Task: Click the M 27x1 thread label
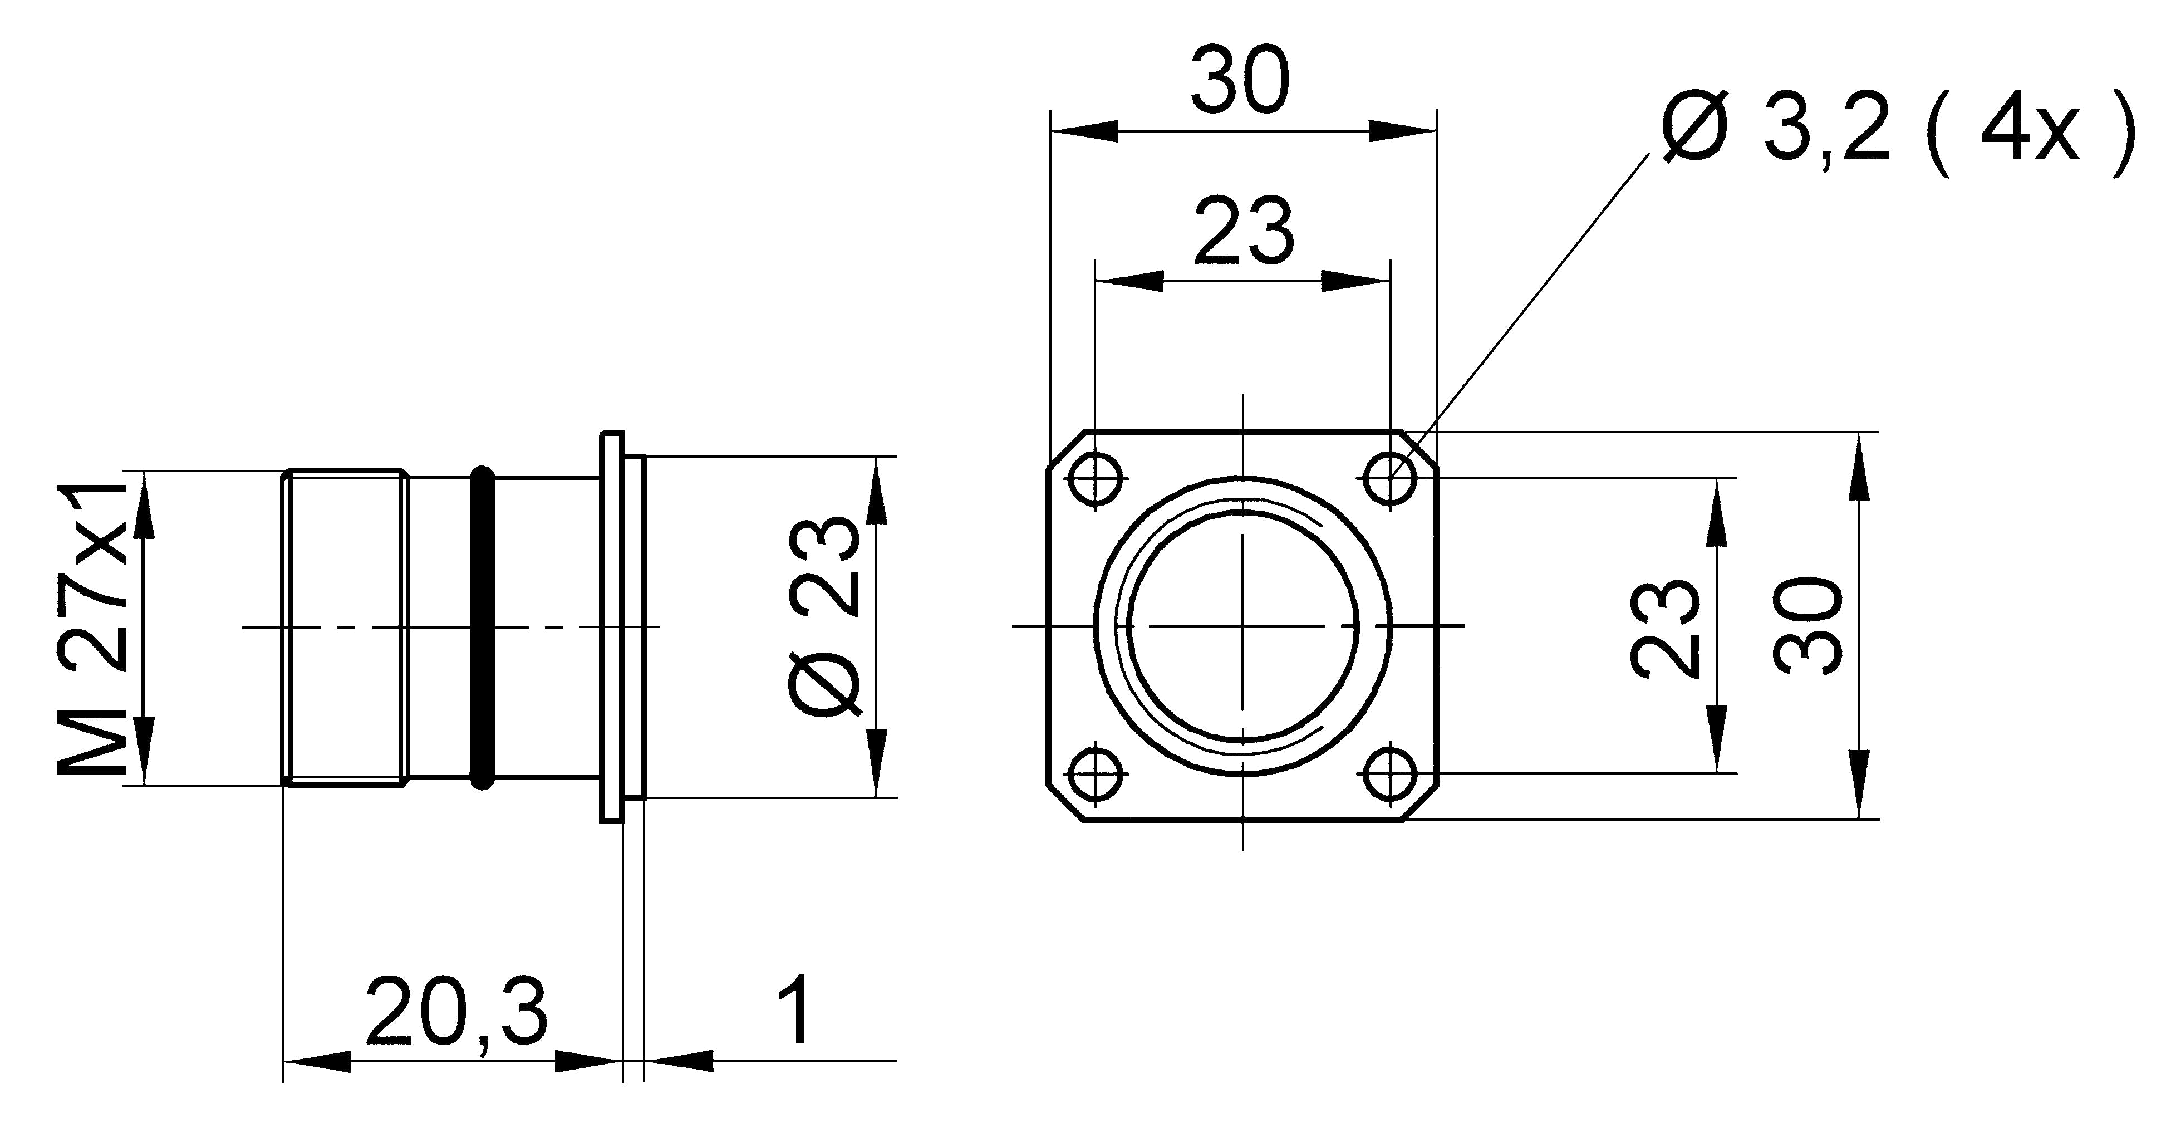coord(93,629)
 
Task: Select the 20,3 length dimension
coord(456,1012)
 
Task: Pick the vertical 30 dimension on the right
coord(1807,625)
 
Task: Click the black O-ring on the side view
coord(480,627)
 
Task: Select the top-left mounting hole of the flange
coord(1096,479)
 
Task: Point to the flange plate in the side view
coord(612,627)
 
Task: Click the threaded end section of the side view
coord(345,627)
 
